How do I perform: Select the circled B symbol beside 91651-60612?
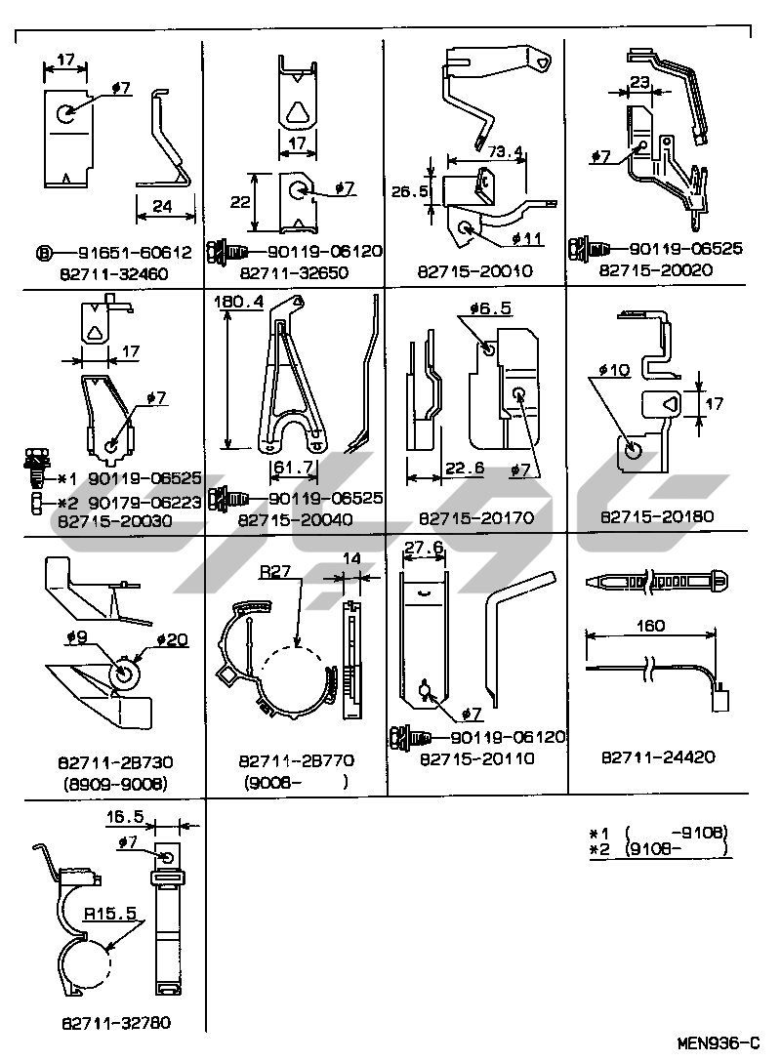(45, 253)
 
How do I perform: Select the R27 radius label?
(276, 574)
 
